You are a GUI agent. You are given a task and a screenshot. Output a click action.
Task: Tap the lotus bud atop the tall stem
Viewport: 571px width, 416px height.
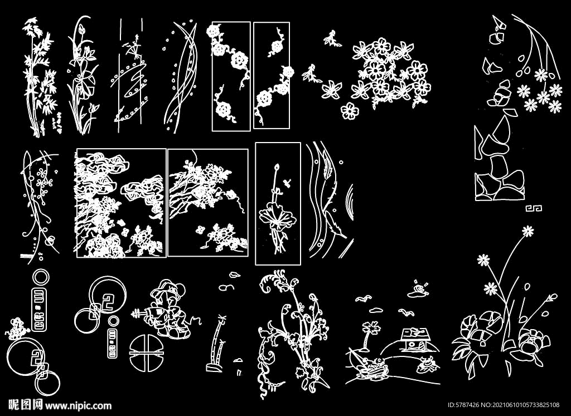click(x=277, y=168)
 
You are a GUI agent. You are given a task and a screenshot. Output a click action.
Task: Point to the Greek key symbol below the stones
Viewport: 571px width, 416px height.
click(x=534, y=208)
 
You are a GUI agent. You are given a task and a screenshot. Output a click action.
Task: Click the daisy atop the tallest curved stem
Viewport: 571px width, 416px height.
click(x=528, y=231)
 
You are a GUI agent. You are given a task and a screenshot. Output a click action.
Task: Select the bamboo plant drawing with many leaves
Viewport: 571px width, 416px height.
click(x=40, y=77)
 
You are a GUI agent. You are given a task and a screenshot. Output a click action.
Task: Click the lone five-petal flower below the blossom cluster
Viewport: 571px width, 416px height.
click(x=350, y=111)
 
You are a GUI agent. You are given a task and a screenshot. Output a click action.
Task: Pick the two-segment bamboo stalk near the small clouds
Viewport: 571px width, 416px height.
click(x=216, y=344)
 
